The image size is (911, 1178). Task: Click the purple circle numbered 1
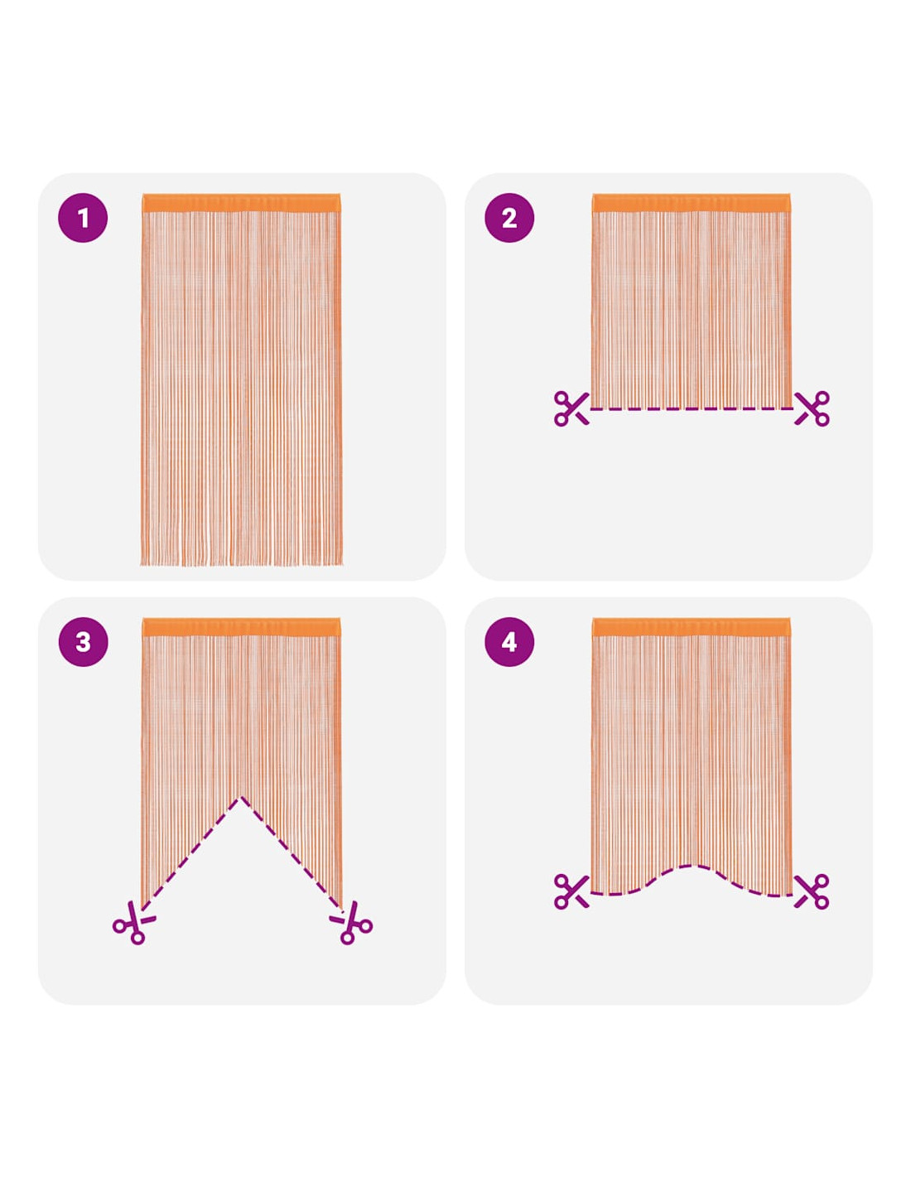[x=82, y=217]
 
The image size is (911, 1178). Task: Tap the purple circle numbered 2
[x=509, y=217]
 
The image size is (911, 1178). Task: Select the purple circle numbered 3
[x=82, y=642]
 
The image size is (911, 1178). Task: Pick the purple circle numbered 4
[x=509, y=642]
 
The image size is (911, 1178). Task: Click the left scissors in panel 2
[x=571, y=408]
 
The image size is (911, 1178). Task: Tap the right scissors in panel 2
[x=812, y=408]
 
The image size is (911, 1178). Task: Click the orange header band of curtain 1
[x=241, y=203]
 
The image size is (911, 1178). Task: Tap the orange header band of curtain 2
[x=691, y=203]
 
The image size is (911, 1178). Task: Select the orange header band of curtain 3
[x=241, y=626]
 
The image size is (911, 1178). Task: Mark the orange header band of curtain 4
[x=691, y=626]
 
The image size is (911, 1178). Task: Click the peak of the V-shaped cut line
[x=241, y=797]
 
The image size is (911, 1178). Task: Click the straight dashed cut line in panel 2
[x=692, y=408]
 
